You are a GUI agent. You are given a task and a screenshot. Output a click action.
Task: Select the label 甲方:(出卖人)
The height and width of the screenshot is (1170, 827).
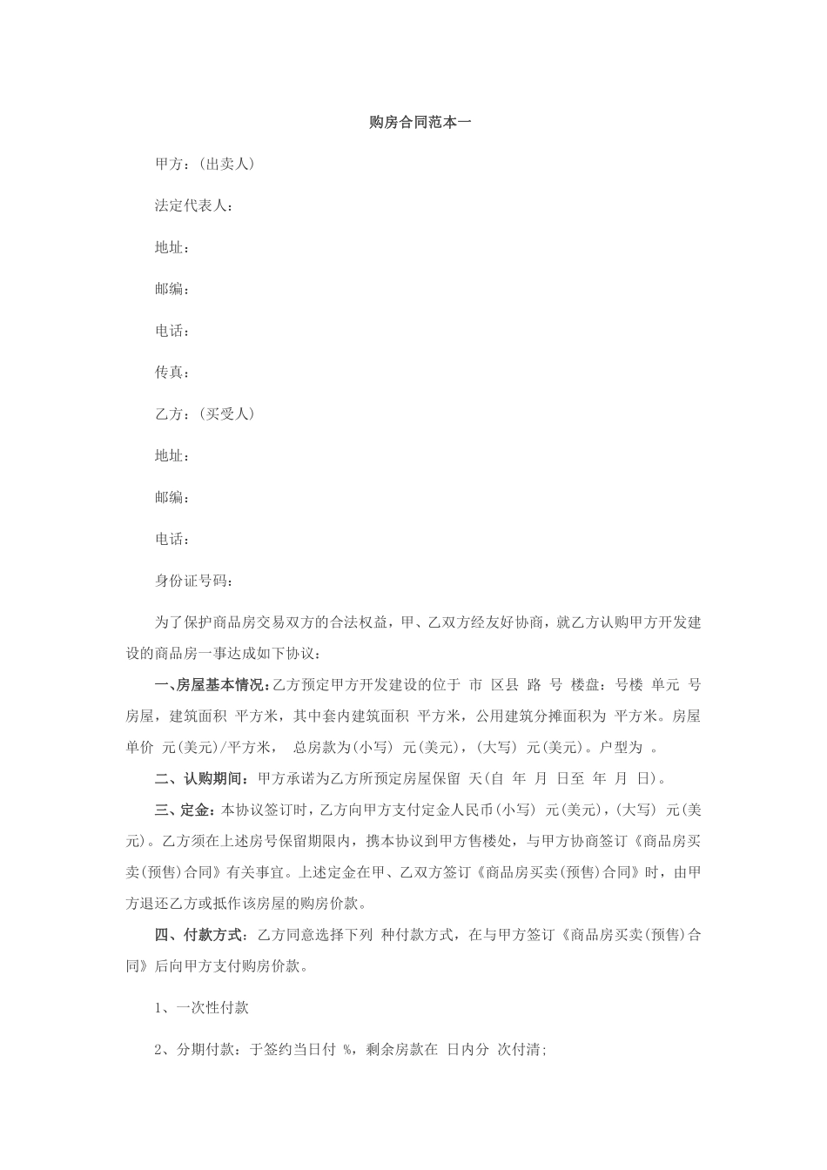pyautogui.click(x=205, y=164)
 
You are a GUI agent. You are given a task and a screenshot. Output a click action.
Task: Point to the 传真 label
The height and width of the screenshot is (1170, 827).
pyautogui.click(x=171, y=373)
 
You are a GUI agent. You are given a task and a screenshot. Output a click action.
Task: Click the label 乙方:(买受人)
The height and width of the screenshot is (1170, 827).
pyautogui.click(x=205, y=414)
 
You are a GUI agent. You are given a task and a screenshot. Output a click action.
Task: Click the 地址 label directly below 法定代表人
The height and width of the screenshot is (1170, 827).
pyautogui.click(x=171, y=247)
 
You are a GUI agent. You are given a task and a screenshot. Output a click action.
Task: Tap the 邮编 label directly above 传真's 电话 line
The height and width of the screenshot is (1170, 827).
pyautogui.click(x=171, y=289)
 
